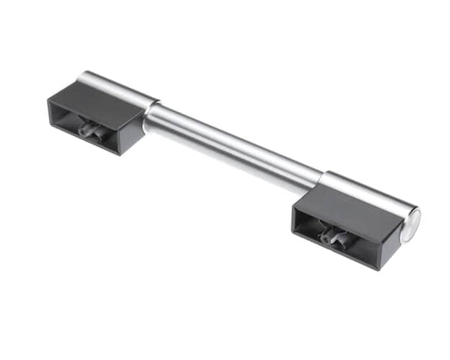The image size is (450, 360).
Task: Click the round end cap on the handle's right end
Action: tap(411, 224)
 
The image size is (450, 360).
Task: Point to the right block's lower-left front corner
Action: tap(295, 230)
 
